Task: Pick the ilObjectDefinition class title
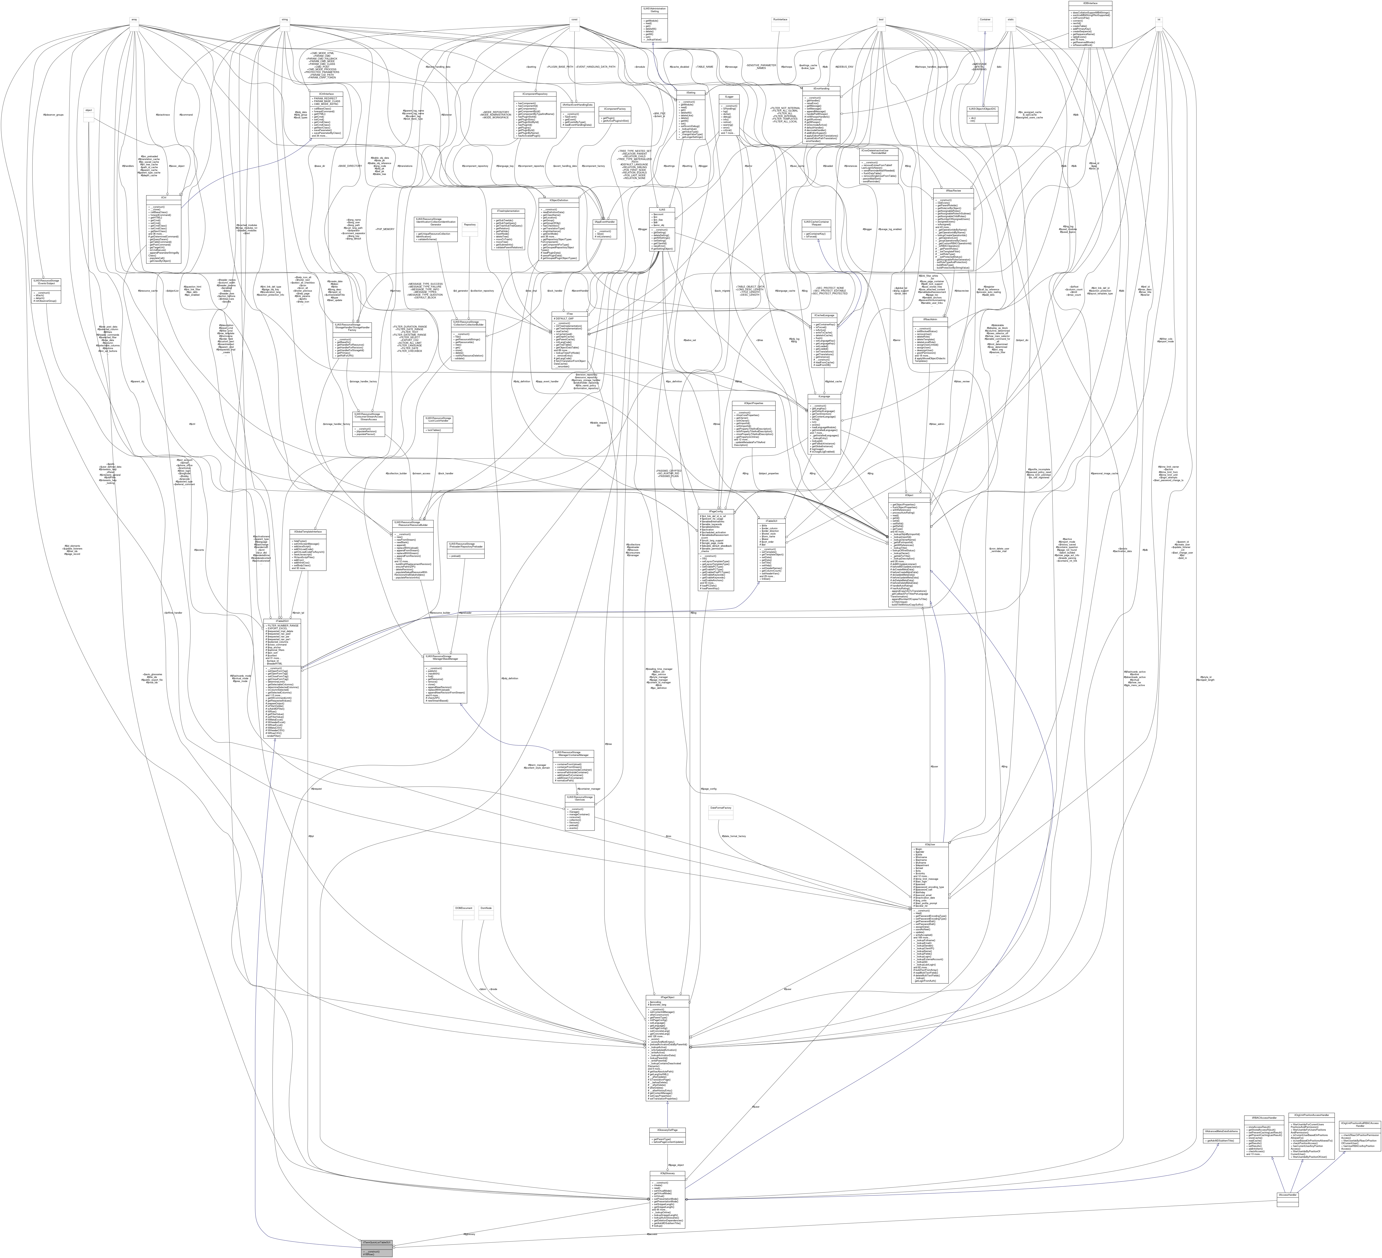[559, 201]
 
